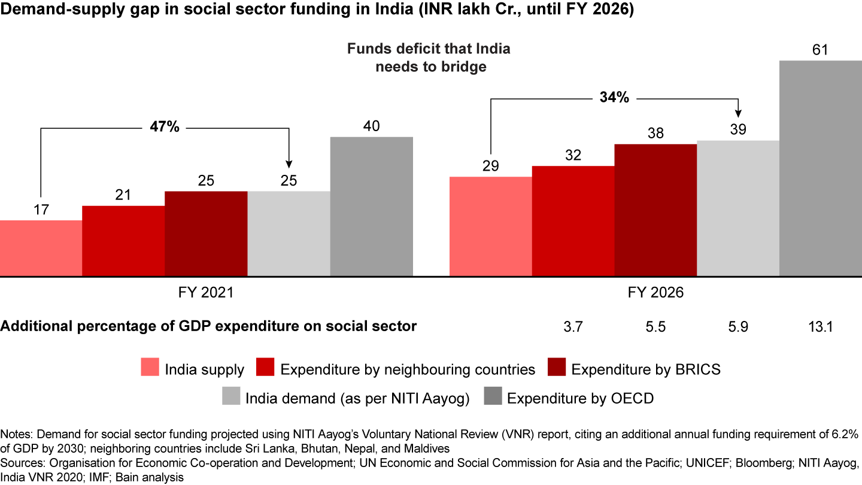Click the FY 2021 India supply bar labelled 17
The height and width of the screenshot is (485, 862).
pyautogui.click(x=41, y=248)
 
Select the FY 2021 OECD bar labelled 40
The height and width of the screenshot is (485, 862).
pyautogui.click(x=371, y=207)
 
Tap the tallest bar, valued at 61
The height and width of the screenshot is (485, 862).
pyautogui.click(x=820, y=168)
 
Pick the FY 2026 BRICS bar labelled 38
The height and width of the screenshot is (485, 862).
pyautogui.click(x=655, y=210)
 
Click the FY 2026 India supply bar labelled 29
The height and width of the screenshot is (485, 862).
pyautogui.click(x=490, y=226)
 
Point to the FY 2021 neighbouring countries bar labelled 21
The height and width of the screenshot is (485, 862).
pyautogui.click(x=123, y=241)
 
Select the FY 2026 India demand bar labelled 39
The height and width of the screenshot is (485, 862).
pyautogui.click(x=738, y=208)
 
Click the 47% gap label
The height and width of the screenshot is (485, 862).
pyautogui.click(x=164, y=127)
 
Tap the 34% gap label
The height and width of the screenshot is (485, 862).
pyautogui.click(x=614, y=98)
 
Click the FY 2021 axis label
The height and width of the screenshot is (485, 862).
pyautogui.click(x=206, y=293)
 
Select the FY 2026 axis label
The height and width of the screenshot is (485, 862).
pyautogui.click(x=655, y=293)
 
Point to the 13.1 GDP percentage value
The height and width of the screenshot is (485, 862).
pyautogui.click(x=820, y=327)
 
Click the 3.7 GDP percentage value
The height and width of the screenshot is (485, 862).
pyautogui.click(x=573, y=327)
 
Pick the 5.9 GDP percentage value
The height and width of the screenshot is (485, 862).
pyautogui.click(x=738, y=327)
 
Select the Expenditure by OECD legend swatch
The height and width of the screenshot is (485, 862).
pyautogui.click(x=491, y=398)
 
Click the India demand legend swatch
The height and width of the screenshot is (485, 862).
pyautogui.click(x=230, y=398)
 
